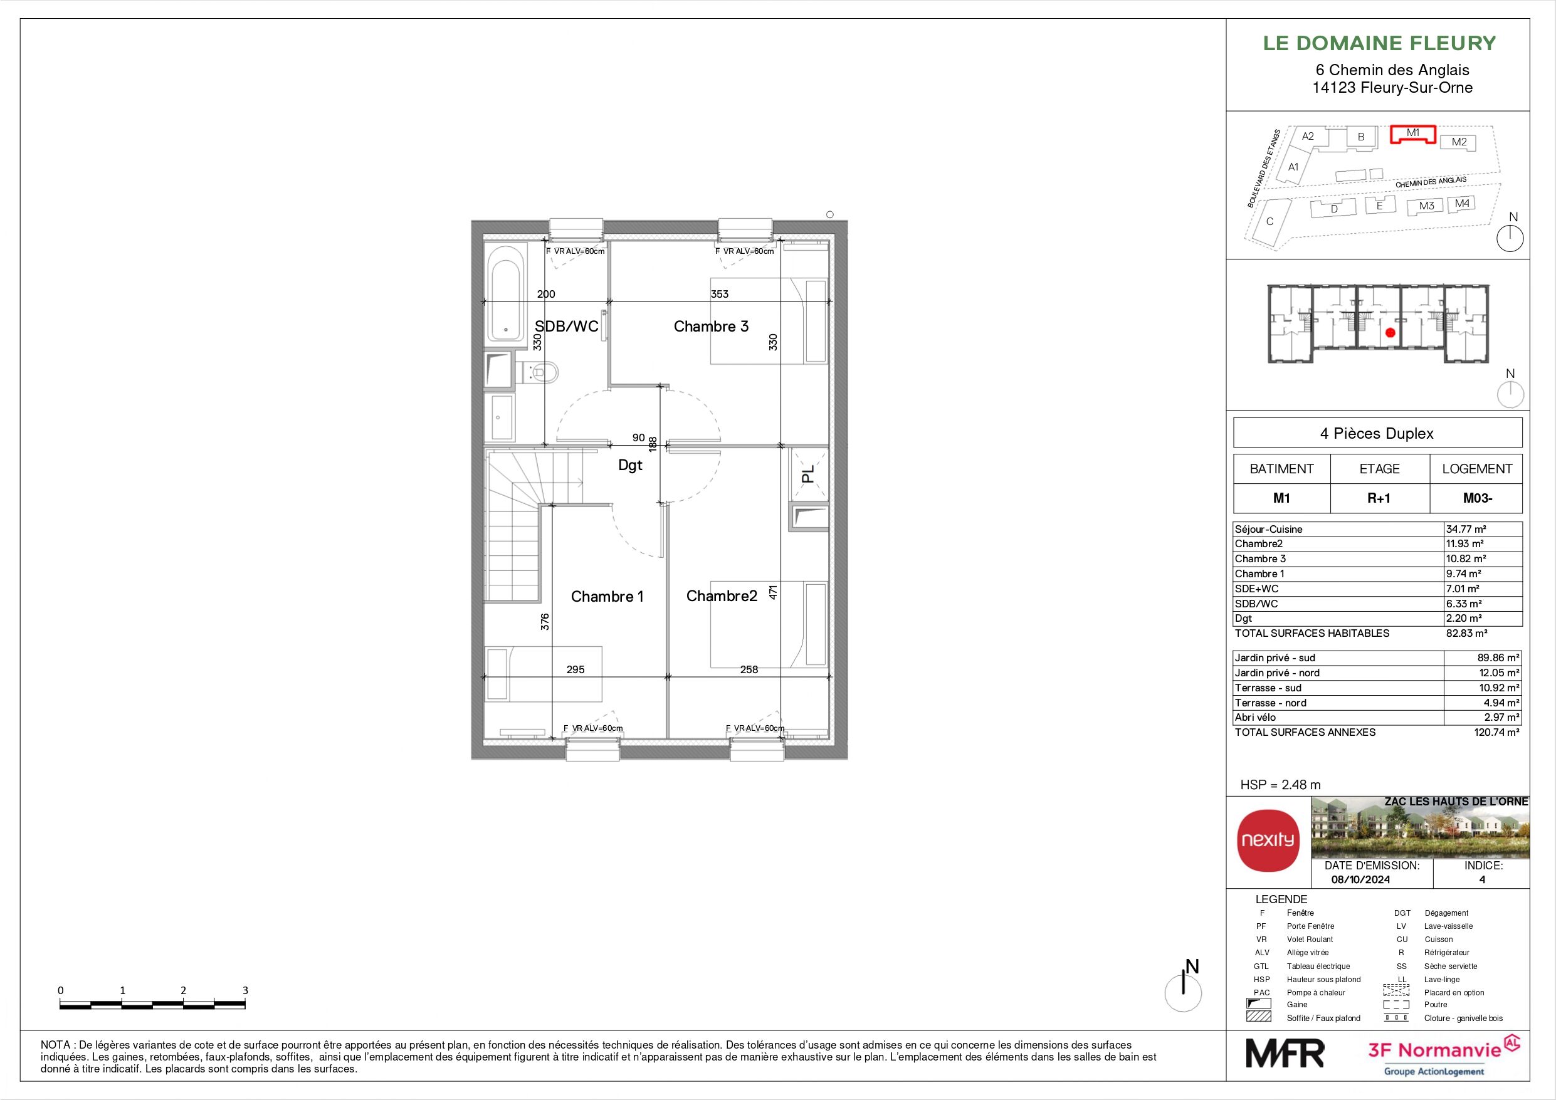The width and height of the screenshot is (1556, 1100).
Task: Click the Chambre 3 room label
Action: (711, 327)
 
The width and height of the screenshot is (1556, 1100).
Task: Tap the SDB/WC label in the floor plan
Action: (567, 327)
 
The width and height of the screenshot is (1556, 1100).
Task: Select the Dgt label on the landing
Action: (630, 466)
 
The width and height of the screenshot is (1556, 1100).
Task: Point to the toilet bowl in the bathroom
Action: (544, 372)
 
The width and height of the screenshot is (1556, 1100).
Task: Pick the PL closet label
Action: (808, 474)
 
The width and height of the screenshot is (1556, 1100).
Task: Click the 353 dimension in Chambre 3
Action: (720, 294)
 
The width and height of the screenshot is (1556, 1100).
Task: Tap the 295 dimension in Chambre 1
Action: (576, 669)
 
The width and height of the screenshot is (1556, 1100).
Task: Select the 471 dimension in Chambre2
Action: (772, 592)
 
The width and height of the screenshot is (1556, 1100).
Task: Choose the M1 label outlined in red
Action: (1413, 133)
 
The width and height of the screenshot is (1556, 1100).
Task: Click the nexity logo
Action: (1268, 841)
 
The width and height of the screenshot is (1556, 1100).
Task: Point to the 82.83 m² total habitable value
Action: (1466, 633)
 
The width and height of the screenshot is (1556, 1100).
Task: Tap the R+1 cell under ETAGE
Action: (1379, 498)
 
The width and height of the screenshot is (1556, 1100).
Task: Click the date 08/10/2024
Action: (1361, 879)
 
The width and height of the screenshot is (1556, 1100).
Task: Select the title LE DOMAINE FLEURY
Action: (1379, 43)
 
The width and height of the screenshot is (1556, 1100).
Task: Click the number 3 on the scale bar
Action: (245, 990)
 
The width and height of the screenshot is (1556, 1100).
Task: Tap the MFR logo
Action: (1285, 1054)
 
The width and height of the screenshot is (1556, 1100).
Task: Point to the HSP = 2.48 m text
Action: (1280, 785)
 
